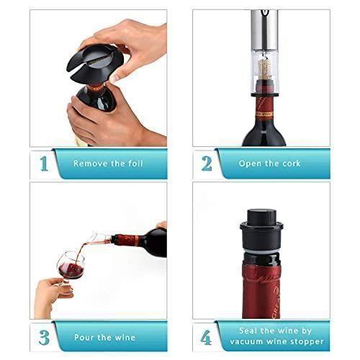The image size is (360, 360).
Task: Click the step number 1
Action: click(44, 163)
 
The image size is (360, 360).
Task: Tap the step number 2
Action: click(207, 163)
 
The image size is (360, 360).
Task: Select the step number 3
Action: click(44, 336)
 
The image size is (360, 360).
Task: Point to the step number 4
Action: click(207, 336)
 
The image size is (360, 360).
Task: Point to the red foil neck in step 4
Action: click(261, 284)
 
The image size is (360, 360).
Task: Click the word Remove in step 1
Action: click(87, 163)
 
